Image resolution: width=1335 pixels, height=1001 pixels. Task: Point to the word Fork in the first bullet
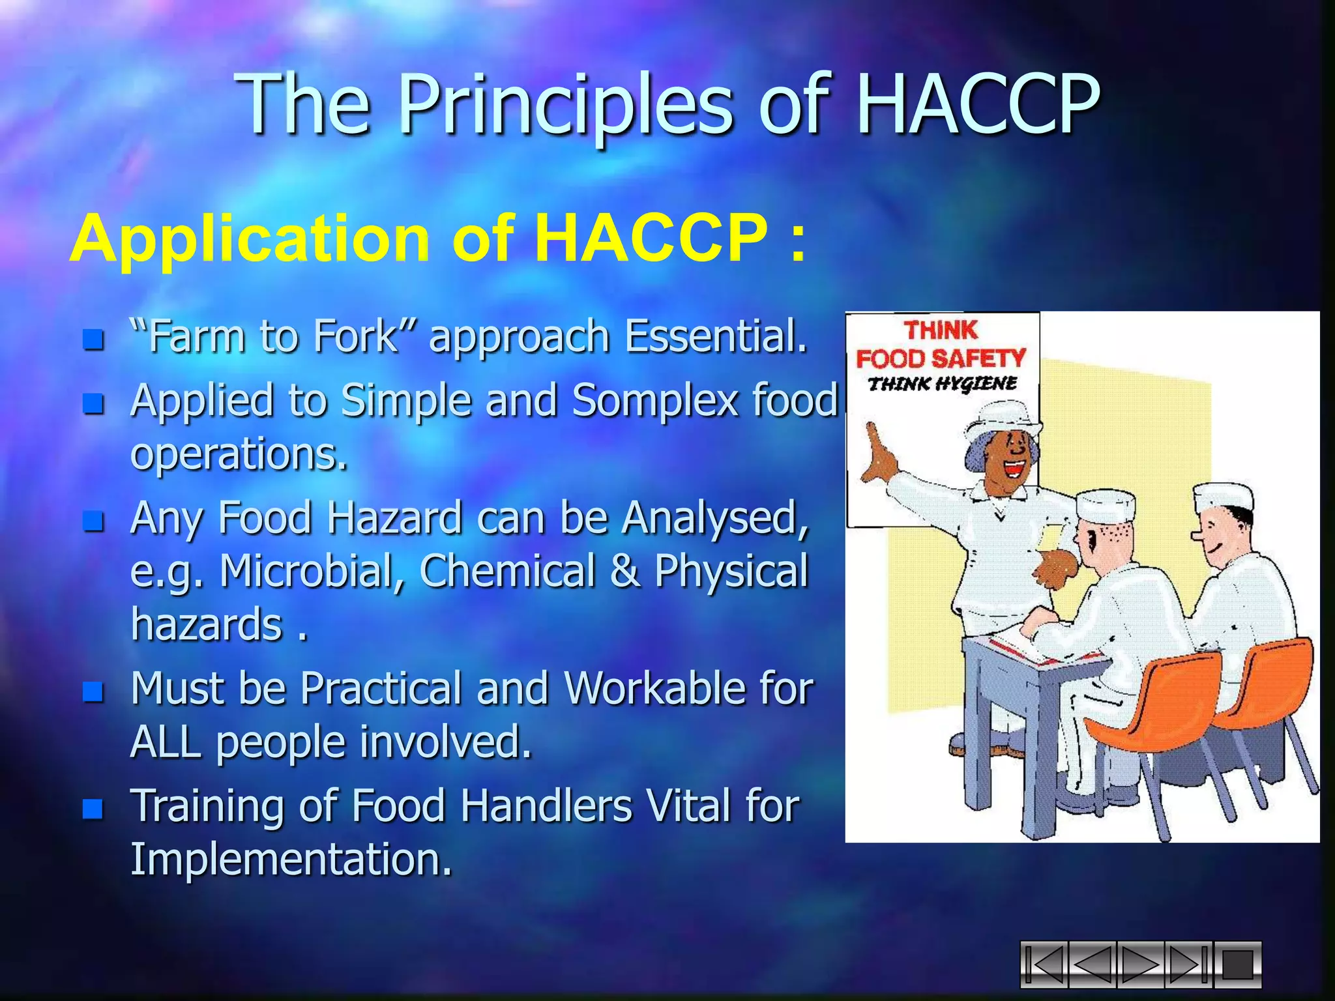coord(355,337)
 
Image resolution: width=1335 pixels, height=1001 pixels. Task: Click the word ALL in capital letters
coord(166,742)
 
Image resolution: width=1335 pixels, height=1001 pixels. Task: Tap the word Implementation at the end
coord(291,859)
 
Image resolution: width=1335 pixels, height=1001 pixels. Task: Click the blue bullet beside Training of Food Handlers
coord(93,808)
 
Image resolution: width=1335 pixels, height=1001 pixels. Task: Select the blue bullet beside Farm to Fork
coord(93,339)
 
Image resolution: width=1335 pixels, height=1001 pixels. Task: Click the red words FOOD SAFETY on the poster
coord(941,358)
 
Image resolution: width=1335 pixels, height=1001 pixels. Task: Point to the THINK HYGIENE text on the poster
coord(942,383)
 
